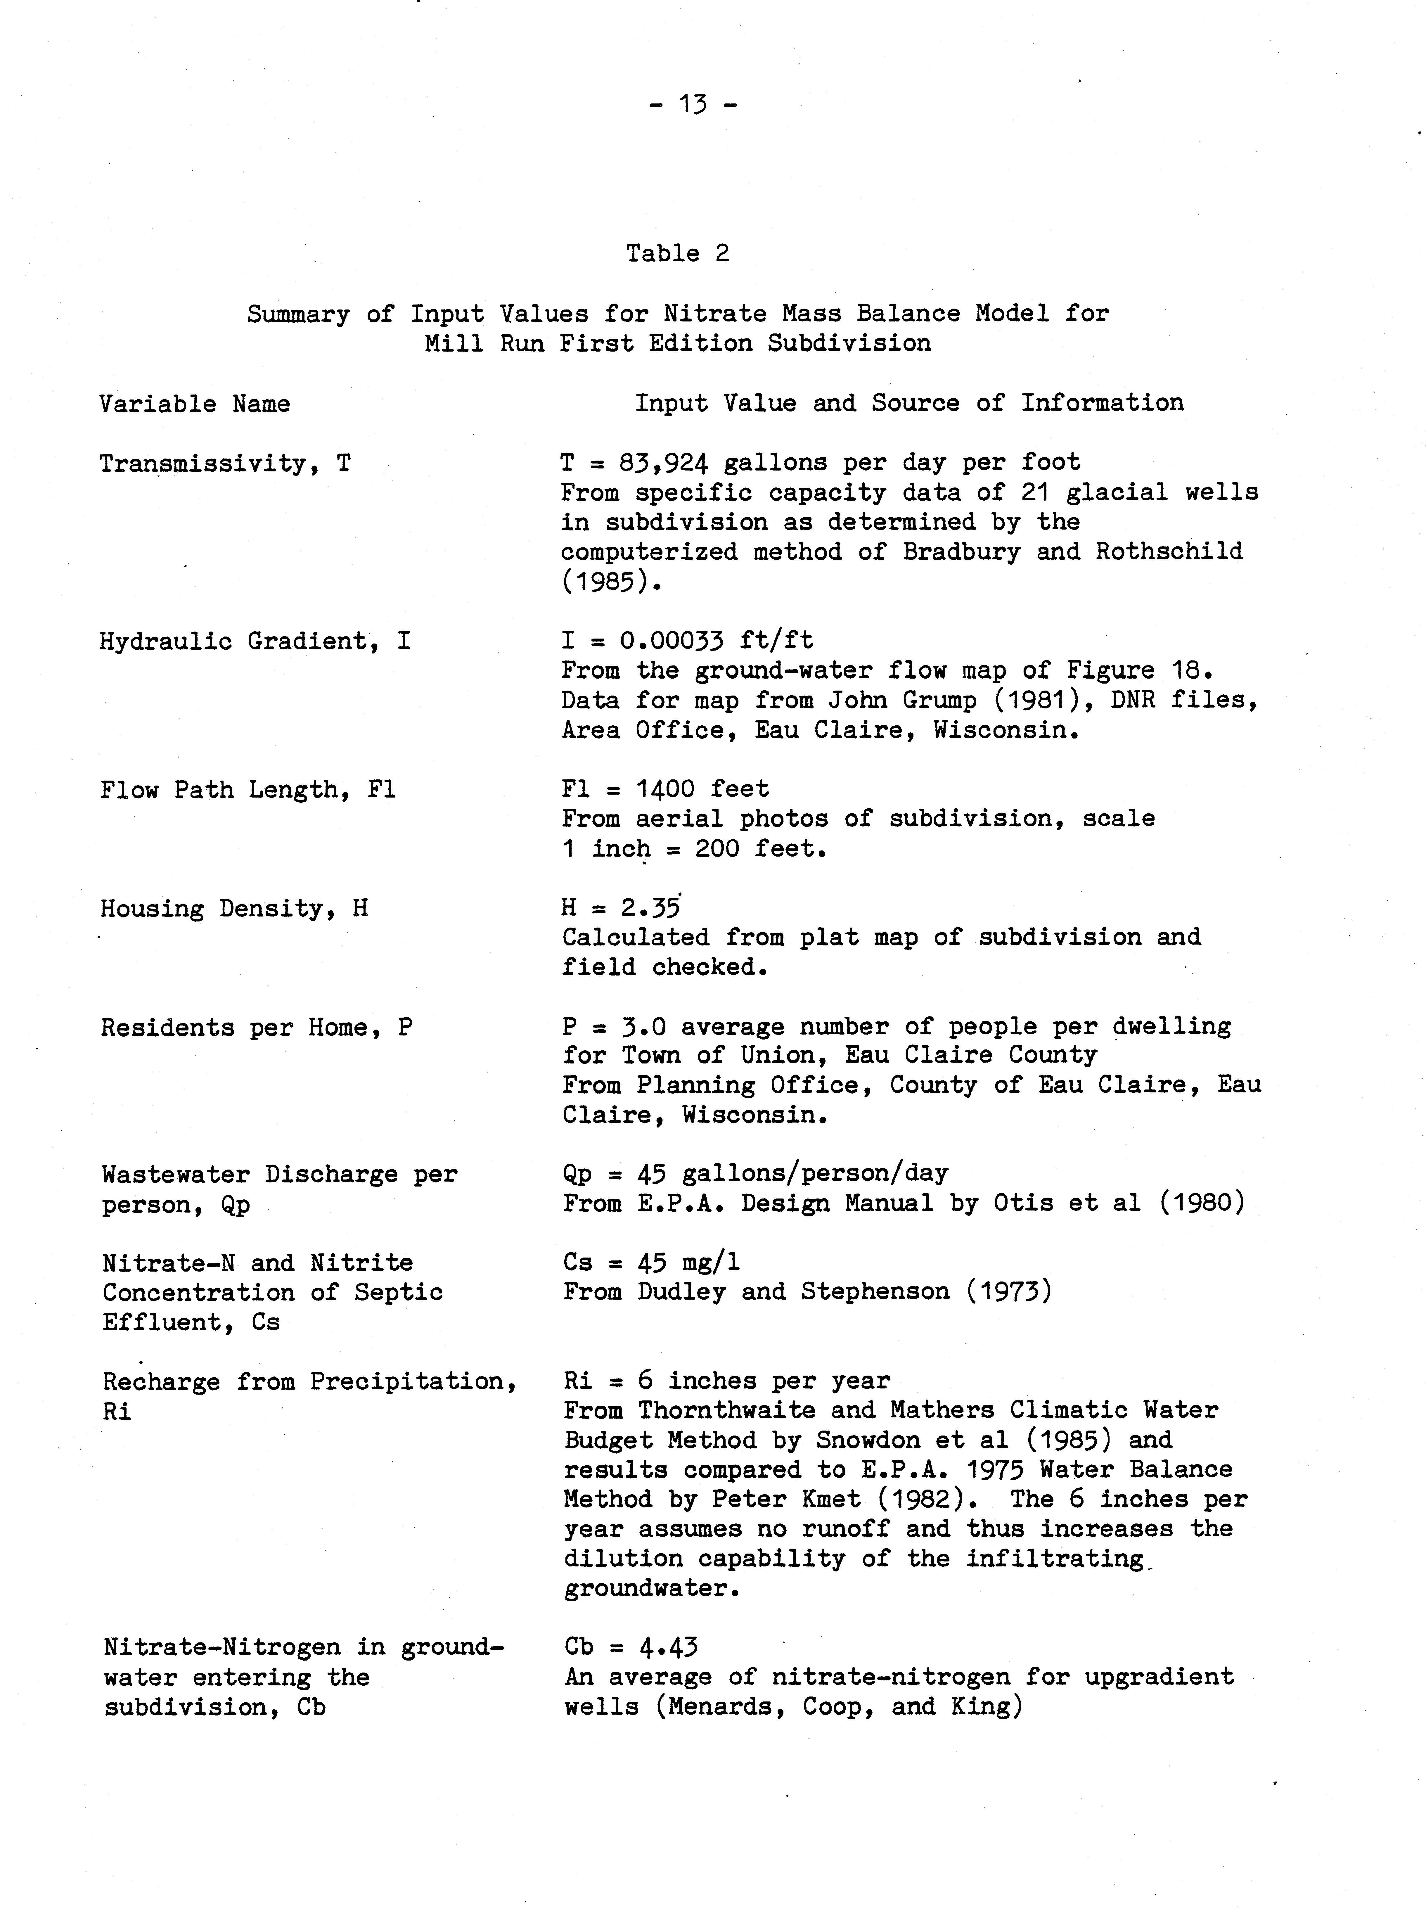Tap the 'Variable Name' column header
point(194,404)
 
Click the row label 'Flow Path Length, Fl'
point(248,790)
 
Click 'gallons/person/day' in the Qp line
point(814,1173)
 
